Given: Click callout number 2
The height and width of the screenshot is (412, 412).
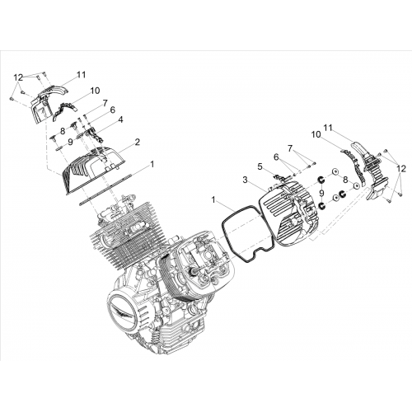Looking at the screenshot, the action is pyautogui.click(x=137, y=143).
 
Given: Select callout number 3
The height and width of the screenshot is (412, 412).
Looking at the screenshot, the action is pyautogui.click(x=246, y=180).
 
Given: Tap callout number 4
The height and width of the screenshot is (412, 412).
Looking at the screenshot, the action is pyautogui.click(x=120, y=119).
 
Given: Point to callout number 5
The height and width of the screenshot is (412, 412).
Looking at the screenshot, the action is pyautogui.click(x=260, y=166).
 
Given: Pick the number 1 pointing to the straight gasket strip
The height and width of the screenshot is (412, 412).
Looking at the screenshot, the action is pyautogui.click(x=152, y=164).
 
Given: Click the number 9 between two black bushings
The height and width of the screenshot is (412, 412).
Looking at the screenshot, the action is pyautogui.click(x=321, y=194).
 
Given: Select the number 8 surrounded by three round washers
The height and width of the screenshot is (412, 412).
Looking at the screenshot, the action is pyautogui.click(x=345, y=180).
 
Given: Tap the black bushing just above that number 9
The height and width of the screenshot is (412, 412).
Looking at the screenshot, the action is pyautogui.click(x=321, y=180).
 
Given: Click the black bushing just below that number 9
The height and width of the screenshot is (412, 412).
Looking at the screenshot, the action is pyautogui.click(x=321, y=205).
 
